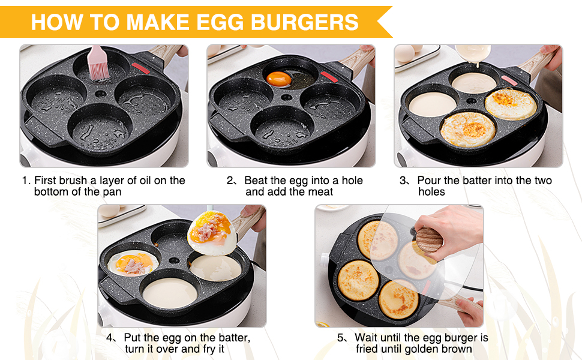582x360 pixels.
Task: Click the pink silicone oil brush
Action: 98,62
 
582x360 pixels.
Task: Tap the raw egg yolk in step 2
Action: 279,79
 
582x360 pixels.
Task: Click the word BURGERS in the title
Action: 305,22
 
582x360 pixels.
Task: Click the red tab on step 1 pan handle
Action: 139,66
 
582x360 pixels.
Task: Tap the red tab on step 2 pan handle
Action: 328,76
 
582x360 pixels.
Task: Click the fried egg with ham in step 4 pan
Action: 133,264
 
